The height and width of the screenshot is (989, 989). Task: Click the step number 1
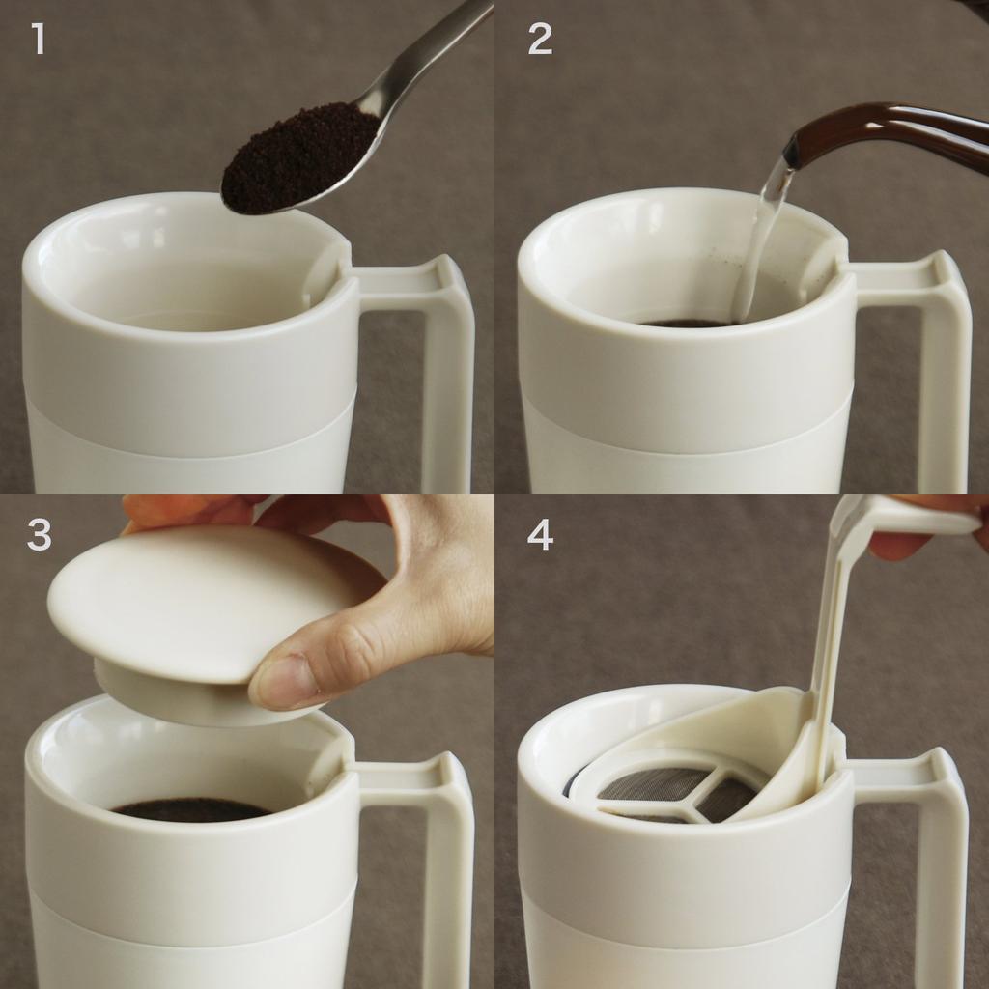point(39,40)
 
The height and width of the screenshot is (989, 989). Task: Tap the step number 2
point(540,40)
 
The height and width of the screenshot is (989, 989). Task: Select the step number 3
point(39,535)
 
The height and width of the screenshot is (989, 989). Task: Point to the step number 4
point(540,535)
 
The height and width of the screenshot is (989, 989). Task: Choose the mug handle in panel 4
point(942,860)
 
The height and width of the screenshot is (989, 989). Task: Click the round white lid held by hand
point(193,604)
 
